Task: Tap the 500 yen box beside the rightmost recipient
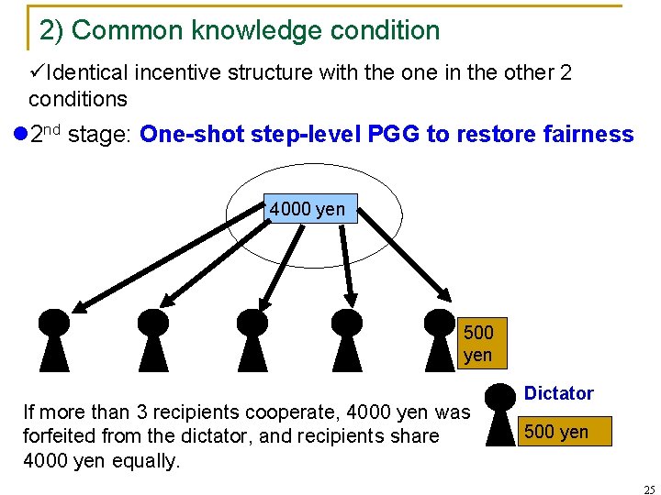(x=477, y=343)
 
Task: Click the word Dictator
(x=558, y=393)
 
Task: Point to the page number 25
(x=649, y=489)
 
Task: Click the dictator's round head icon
(x=500, y=396)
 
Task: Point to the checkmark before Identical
(x=37, y=71)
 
